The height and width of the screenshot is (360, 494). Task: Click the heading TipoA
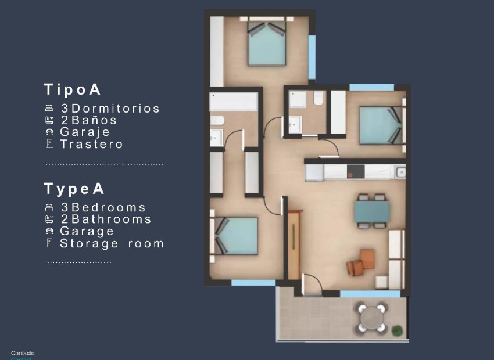coord(73,89)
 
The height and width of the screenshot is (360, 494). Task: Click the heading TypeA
coord(74,189)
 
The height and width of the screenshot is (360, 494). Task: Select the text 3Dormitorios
coord(110,109)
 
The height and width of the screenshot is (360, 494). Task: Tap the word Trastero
coord(91,145)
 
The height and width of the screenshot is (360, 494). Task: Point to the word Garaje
coord(85,132)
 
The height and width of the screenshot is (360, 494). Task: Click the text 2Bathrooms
coord(106,219)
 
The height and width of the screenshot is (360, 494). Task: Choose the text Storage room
coord(112,244)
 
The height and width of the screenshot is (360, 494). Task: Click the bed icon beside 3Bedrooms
coord(49,207)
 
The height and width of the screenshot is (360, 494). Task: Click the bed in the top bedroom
coord(267,44)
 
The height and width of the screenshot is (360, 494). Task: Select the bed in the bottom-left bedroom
coord(237,236)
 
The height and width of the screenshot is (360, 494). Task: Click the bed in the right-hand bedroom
coord(380,125)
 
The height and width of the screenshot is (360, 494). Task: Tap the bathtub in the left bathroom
coord(234,102)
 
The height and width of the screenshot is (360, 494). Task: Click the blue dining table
coord(371,211)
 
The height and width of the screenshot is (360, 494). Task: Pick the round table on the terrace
coord(371,318)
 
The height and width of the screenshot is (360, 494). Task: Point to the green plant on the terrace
coord(397,330)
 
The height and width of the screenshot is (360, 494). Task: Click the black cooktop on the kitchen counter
coord(355,172)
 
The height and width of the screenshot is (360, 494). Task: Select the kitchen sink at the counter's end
coord(400,172)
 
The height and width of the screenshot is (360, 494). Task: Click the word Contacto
coord(23,353)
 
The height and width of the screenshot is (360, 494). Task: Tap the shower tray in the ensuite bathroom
coord(298,99)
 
